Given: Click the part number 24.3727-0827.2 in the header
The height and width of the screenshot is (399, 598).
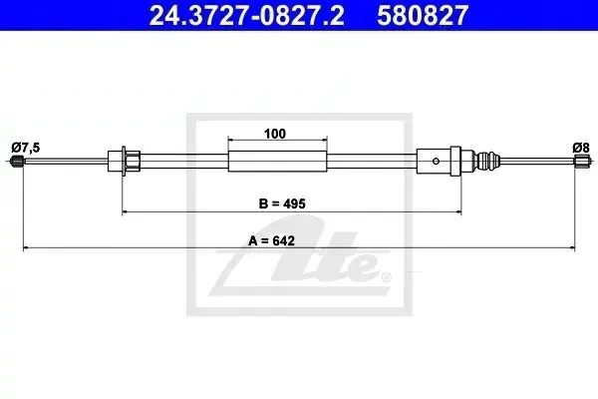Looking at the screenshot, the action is [246, 16].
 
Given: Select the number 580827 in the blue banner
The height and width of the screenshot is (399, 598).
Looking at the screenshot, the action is [423, 16].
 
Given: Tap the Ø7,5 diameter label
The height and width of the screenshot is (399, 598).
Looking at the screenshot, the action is [26, 148].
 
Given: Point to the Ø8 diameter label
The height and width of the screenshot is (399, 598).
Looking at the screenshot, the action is [581, 148].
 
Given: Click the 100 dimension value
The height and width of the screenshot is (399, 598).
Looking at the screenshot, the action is [275, 134].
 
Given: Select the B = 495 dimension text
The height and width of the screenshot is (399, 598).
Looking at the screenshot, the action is [282, 203].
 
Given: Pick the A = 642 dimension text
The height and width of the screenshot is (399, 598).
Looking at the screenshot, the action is [271, 241].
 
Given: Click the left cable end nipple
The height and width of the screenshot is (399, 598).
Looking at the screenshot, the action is [17, 161].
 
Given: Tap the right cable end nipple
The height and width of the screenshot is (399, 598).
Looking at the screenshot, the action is [581, 161].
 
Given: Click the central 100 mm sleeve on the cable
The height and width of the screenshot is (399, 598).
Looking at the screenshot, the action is [278, 161].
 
